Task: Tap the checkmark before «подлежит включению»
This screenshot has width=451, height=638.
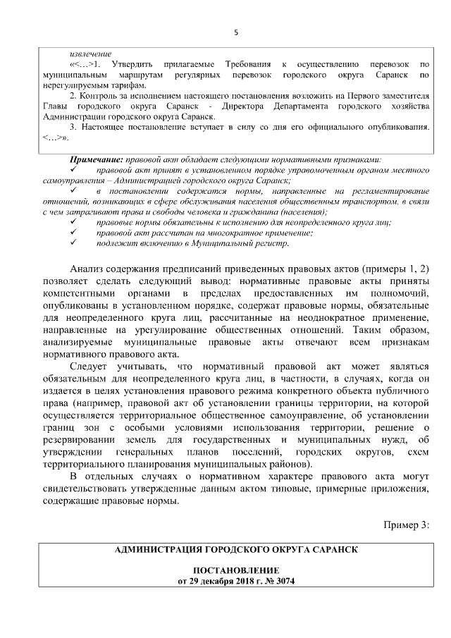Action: tap(73, 243)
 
